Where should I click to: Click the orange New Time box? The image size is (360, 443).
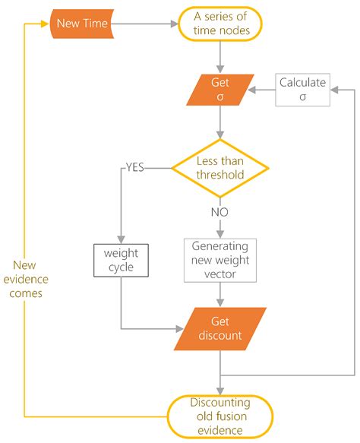point(83,24)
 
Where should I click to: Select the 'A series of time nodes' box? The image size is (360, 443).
point(219,24)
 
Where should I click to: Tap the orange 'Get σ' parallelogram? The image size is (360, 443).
point(220,90)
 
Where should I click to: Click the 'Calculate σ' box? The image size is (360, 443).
point(302,90)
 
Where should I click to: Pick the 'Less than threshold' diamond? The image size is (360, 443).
point(219,167)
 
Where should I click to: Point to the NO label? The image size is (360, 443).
point(219,212)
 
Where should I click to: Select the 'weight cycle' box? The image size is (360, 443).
point(121,260)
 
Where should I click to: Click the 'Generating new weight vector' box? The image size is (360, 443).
point(219,260)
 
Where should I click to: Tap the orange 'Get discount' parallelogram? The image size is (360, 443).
point(219,329)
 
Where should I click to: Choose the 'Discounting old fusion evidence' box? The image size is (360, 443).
point(219,417)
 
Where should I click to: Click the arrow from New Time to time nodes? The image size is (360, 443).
point(146,24)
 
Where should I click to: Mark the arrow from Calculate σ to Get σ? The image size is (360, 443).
point(264,90)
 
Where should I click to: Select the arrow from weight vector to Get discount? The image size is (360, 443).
point(219,293)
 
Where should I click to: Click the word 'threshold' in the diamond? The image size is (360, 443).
point(219,174)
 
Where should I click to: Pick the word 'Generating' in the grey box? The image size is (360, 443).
point(219,248)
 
